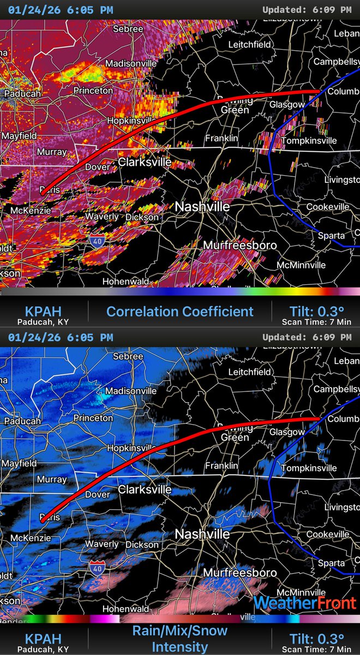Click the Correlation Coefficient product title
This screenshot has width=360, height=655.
(x=179, y=312)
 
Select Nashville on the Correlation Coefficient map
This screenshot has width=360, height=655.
(x=202, y=207)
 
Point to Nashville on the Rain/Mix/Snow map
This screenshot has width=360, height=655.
(x=202, y=534)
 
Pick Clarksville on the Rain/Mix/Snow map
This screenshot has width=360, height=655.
(x=145, y=489)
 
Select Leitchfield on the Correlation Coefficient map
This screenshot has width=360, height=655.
(x=249, y=44)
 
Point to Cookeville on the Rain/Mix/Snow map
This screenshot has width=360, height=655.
(x=327, y=534)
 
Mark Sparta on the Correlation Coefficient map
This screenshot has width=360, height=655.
(x=332, y=235)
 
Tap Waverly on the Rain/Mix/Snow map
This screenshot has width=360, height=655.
(x=101, y=544)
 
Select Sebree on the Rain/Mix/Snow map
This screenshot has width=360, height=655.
(x=128, y=356)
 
